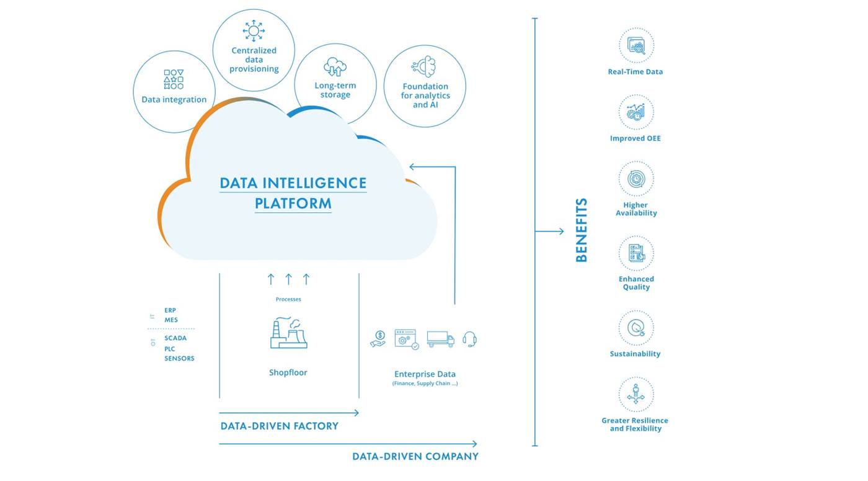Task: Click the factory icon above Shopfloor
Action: (288, 333)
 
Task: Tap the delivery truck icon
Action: (440, 339)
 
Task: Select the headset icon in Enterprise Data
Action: (469, 339)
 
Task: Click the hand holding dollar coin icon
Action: (378, 339)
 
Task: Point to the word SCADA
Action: (175, 338)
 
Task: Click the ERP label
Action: (170, 310)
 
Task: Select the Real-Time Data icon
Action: (635, 45)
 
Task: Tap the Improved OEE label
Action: (635, 138)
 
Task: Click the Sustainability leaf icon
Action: (635, 328)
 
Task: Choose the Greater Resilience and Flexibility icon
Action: (635, 395)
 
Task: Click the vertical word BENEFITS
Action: (581, 230)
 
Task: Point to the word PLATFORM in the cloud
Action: (293, 204)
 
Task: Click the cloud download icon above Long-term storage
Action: (335, 66)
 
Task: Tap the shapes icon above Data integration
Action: (174, 79)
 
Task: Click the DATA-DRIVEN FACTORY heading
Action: (280, 426)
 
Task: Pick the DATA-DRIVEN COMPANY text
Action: (415, 457)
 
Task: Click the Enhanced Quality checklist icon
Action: (635, 253)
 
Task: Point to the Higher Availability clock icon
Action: (635, 179)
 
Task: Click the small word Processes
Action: (288, 299)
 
